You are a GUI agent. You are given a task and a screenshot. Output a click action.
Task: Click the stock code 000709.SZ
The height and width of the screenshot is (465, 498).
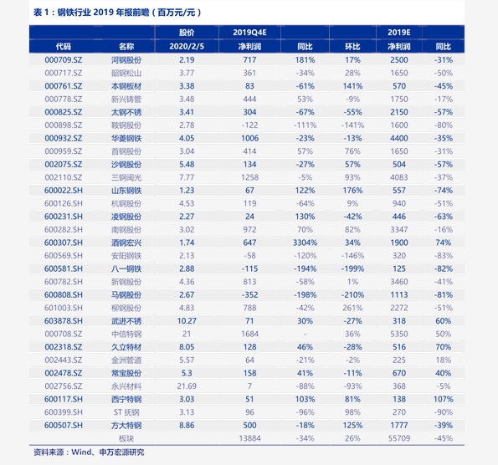(x=64, y=60)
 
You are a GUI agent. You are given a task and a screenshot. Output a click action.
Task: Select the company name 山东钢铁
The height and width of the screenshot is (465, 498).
(x=126, y=191)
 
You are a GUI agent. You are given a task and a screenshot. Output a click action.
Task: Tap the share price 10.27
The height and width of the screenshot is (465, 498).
(x=187, y=321)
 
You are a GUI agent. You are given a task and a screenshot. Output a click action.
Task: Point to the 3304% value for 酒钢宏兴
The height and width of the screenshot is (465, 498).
(x=305, y=243)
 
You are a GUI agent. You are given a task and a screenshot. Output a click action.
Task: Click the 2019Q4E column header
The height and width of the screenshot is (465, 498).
(x=249, y=33)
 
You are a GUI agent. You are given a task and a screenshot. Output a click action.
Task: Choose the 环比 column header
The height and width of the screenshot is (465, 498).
(x=352, y=47)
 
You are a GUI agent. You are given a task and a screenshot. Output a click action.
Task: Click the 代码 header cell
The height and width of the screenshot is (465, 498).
(x=64, y=47)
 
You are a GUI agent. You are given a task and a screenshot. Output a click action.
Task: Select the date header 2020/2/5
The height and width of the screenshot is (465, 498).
(x=187, y=47)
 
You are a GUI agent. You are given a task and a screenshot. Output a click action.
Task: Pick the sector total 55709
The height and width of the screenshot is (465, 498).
(x=399, y=438)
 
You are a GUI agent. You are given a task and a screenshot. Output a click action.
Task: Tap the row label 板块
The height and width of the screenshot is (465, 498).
(x=126, y=438)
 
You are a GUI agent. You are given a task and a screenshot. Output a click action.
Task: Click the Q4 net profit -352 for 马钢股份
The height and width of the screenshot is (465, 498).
(x=249, y=295)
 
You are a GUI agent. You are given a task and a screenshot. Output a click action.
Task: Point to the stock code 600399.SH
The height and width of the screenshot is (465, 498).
(x=64, y=412)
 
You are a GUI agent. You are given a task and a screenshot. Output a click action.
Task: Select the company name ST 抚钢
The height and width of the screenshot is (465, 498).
(x=126, y=412)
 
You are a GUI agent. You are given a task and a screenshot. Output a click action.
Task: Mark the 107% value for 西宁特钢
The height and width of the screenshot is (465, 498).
(x=444, y=399)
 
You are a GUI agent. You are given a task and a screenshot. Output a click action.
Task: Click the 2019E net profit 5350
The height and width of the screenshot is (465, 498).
(x=399, y=334)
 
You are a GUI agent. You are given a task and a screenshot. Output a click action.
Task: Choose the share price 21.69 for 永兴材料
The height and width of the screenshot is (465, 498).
(x=187, y=386)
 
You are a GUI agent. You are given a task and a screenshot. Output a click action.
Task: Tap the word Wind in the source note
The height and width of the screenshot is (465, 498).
(x=82, y=452)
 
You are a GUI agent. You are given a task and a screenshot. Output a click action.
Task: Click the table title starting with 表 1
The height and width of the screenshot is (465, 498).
(x=117, y=13)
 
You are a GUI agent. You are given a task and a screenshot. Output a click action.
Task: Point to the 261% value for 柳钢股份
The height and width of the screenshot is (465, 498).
(x=352, y=308)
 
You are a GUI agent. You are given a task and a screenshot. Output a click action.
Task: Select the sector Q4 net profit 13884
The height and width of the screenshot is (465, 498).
(x=249, y=438)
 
